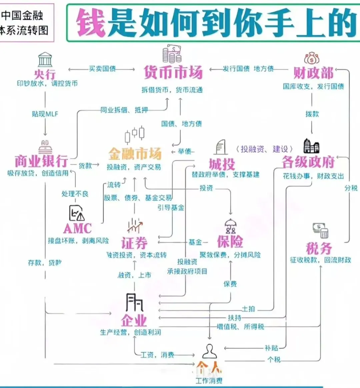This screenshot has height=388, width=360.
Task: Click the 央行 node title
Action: (45, 74)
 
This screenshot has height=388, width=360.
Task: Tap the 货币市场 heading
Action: (173, 72)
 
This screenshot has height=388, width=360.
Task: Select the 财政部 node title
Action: (313, 73)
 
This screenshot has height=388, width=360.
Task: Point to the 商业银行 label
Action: (41, 161)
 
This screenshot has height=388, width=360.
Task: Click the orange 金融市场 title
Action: (135, 154)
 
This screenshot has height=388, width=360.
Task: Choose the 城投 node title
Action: (222, 164)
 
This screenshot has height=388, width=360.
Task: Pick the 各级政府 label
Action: (308, 162)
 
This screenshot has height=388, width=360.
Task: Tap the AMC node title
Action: (77, 229)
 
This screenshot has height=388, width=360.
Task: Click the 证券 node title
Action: (134, 243)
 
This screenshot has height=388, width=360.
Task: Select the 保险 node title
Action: (230, 242)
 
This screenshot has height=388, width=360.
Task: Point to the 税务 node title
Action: (319, 248)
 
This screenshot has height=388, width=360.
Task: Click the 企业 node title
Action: (134, 320)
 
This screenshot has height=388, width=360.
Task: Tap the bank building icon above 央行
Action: (45, 60)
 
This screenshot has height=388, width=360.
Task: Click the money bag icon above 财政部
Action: (312, 58)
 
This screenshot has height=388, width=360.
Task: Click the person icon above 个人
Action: (209, 351)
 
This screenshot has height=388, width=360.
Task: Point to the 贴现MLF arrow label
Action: (45, 114)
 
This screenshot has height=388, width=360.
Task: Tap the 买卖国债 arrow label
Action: (102, 69)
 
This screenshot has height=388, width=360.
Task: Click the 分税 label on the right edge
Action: (351, 188)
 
